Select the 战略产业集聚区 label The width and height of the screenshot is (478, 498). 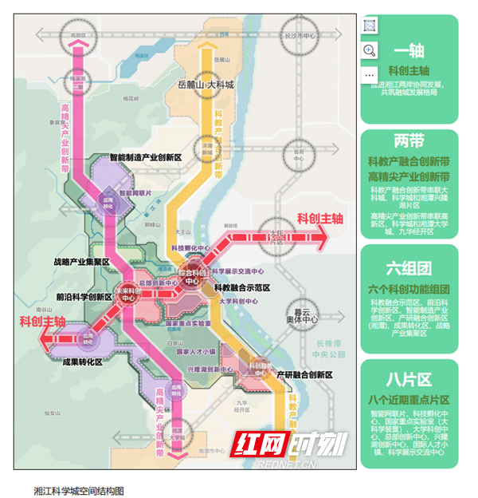click(x=81, y=262)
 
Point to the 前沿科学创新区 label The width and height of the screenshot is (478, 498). click(x=84, y=296)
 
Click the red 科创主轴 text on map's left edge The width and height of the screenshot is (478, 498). click(x=42, y=321)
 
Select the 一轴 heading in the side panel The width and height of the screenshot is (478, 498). click(x=409, y=52)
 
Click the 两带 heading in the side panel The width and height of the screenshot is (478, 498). click(x=409, y=141)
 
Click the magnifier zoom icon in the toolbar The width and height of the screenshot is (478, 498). click(x=370, y=50)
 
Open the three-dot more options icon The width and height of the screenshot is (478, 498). click(x=370, y=74)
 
